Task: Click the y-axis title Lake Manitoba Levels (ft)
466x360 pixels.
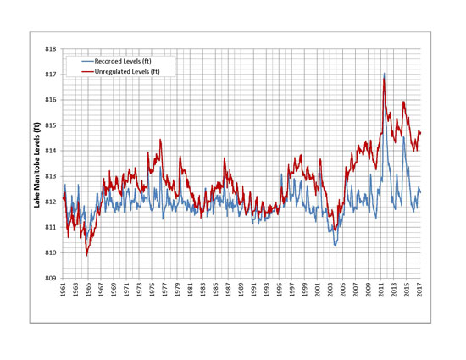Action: pos(36,163)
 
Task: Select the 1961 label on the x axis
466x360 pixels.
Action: pos(64,291)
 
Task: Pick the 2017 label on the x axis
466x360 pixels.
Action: pos(420,291)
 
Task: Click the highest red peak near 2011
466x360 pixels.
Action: pos(384,74)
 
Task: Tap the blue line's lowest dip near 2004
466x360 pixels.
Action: pos(336,245)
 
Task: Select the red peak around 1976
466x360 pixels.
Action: pos(159,140)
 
